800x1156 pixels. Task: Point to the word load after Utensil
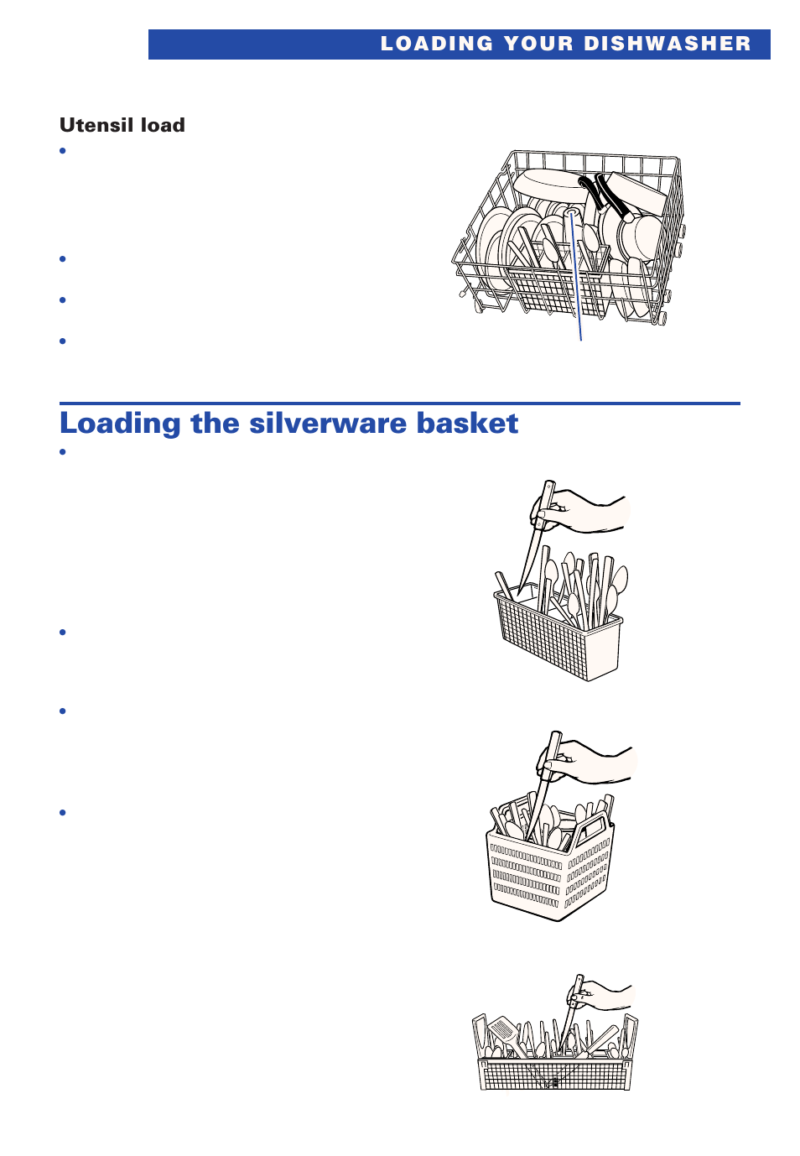pyautogui.click(x=163, y=125)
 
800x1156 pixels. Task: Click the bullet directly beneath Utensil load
pyautogui.click(x=63, y=151)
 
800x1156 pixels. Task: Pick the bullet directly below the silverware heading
pyautogui.click(x=63, y=452)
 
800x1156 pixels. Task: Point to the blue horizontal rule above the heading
pyautogui.click(x=399, y=404)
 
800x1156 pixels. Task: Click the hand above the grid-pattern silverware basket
pyautogui.click(x=587, y=512)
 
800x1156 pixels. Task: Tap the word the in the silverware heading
pyautogui.click(x=215, y=424)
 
